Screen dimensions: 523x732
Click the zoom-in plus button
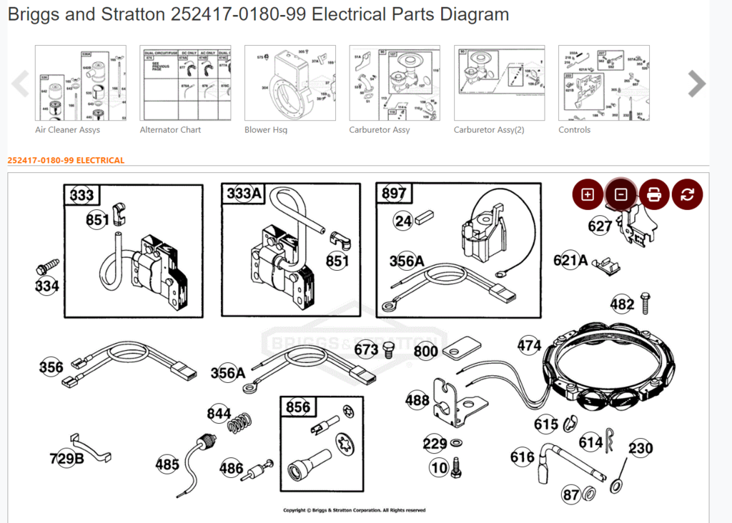coord(588,194)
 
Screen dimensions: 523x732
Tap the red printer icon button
coord(654,194)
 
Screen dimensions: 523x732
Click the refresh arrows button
coord(687,194)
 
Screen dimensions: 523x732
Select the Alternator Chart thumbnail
coord(185,83)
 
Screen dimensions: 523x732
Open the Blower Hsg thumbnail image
coord(290,83)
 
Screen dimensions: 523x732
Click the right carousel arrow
coord(696,84)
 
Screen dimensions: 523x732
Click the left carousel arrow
coord(20,84)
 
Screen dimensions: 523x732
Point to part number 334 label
coord(47,286)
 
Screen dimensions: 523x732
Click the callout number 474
coord(529,346)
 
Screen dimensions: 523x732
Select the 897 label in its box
coord(394,194)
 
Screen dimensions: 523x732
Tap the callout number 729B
coord(66,458)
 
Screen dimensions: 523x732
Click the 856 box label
coord(297,407)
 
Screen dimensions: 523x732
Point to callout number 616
coord(522,457)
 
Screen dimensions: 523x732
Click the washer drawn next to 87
coord(591,494)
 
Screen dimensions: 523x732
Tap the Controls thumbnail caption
coord(574,130)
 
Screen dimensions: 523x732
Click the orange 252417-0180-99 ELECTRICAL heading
coord(66,160)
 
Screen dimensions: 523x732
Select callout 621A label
coord(570,261)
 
